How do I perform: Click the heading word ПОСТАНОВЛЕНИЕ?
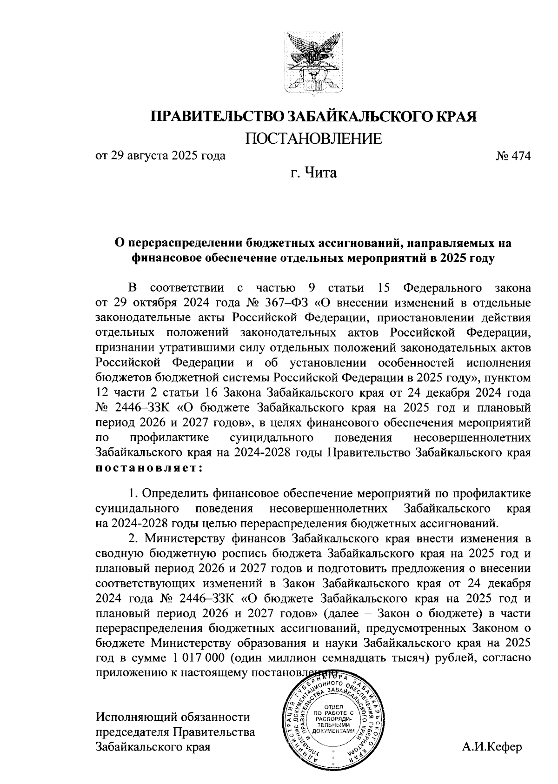(313, 139)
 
